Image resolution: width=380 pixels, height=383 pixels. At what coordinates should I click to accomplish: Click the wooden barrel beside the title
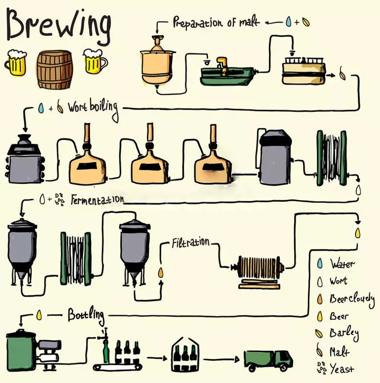pos(54,70)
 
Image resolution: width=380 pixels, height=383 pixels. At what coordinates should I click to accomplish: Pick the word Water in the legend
pos(342,263)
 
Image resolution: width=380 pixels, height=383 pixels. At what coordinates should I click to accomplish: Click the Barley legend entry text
pos(344,333)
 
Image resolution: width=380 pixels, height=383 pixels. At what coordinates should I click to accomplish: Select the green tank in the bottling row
pos(21,350)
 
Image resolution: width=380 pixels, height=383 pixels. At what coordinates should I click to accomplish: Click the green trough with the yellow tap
pos(227,74)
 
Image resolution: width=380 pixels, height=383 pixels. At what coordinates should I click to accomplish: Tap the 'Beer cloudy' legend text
pos(352,299)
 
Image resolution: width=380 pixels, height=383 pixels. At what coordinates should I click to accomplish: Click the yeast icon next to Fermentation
pos(59,200)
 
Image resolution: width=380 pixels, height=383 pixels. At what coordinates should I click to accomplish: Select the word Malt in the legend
pos(340,351)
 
